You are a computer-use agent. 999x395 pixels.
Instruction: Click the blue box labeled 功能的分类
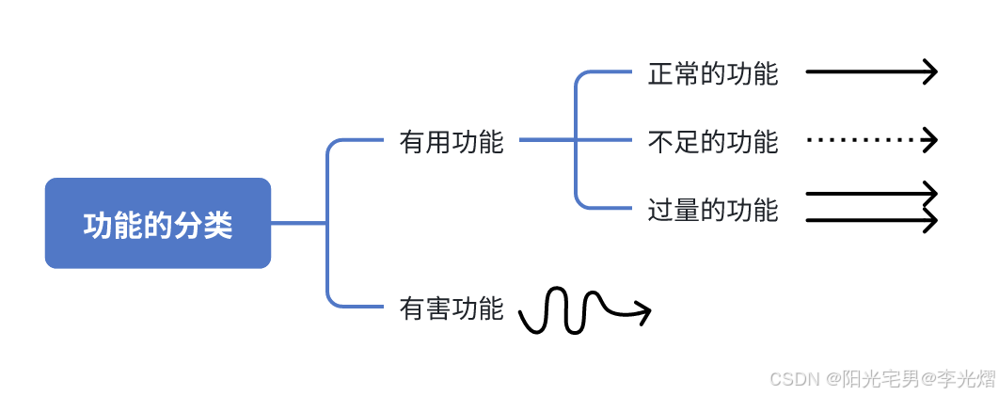[158, 224]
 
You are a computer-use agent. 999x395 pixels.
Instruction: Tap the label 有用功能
[452, 142]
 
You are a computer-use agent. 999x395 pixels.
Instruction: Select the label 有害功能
[452, 308]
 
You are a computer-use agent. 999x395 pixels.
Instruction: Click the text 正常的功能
[713, 73]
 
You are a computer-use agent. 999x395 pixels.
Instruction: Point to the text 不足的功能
[713, 142]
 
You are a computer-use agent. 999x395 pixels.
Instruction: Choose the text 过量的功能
[713, 209]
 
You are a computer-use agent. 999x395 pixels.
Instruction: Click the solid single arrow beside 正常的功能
[870, 71]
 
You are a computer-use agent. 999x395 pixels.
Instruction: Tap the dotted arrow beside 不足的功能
[870, 140]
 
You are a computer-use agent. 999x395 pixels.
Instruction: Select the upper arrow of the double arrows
[870, 194]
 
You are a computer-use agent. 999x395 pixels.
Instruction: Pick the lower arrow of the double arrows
[870, 221]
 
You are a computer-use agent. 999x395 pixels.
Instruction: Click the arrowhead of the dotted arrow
[931, 140]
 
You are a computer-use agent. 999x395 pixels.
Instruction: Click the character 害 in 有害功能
[438, 308]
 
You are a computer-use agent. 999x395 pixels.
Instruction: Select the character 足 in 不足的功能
[687, 142]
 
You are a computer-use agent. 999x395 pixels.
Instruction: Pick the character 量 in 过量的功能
[687, 209]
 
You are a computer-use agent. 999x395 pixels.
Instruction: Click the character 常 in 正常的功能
[687, 73]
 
